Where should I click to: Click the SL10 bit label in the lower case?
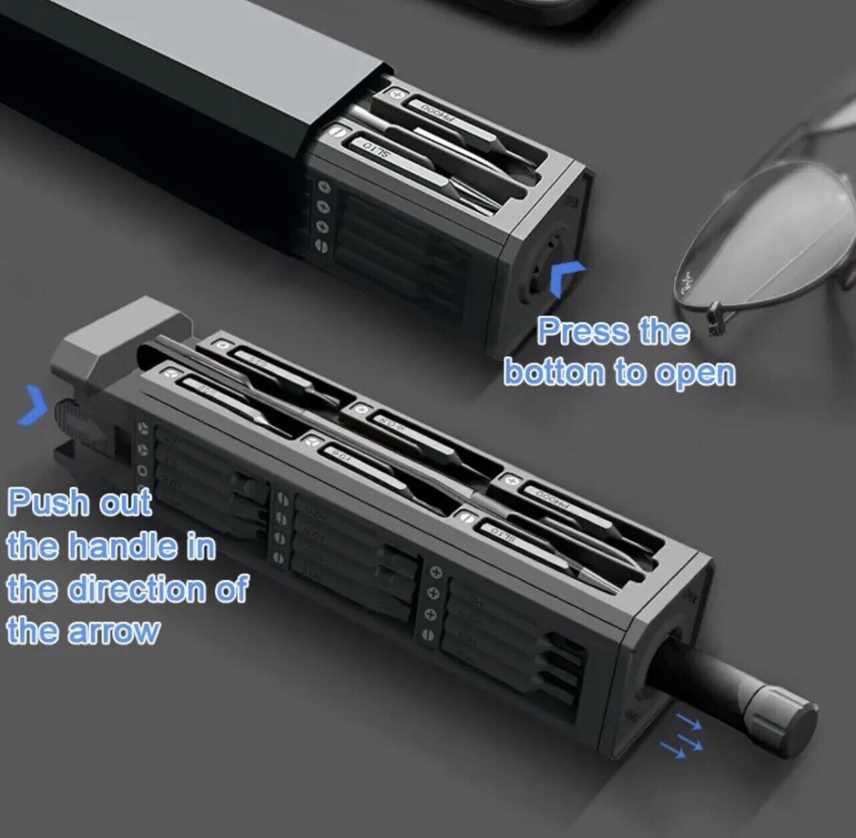[x=503, y=533]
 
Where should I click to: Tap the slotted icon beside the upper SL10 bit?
[x=340, y=133]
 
